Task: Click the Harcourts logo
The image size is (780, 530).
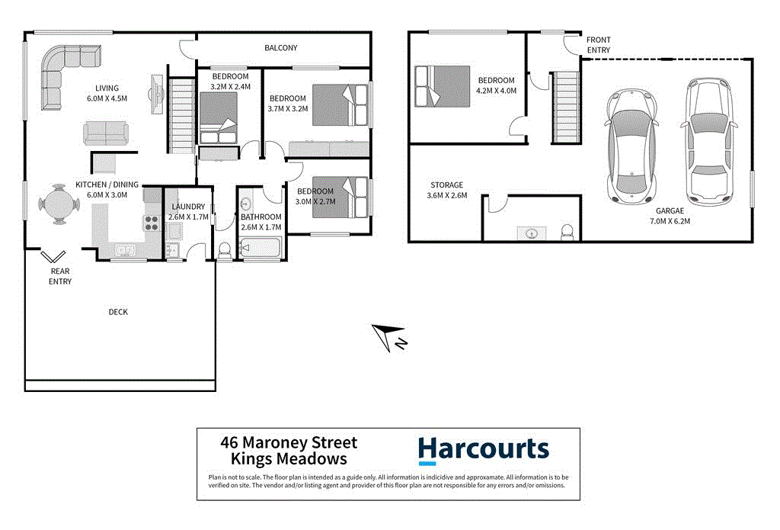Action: coord(483,449)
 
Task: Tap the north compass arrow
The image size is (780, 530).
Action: coord(388,336)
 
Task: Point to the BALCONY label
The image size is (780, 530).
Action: coord(280,48)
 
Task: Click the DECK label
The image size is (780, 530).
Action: coord(118,312)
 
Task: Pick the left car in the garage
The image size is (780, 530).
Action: coord(631,146)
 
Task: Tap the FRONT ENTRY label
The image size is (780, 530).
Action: coord(598,45)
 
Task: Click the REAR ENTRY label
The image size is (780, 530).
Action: coord(60,276)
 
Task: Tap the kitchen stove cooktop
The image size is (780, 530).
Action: coord(149,223)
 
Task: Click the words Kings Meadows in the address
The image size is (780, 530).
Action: coord(289,458)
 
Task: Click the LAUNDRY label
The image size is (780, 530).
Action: coord(188,207)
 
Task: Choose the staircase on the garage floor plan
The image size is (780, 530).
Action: coord(566,105)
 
